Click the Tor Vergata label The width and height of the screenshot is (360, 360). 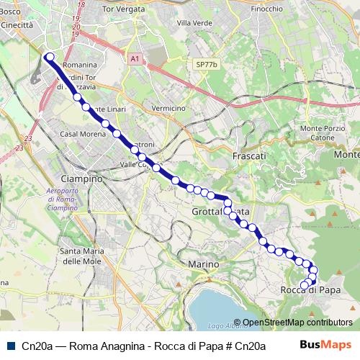[120, 9]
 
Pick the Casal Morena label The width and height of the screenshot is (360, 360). [79, 134]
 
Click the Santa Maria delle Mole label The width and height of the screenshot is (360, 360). [80, 256]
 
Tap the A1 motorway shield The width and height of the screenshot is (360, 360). [135, 58]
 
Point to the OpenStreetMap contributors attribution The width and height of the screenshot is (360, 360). [297, 323]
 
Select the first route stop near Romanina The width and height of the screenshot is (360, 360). [50, 57]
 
